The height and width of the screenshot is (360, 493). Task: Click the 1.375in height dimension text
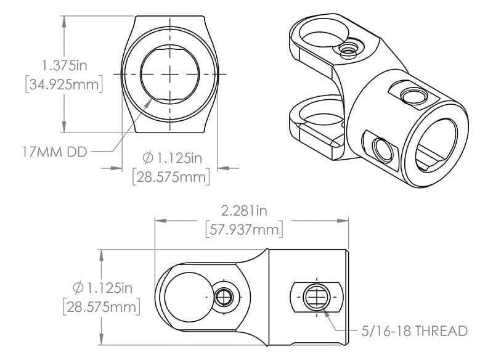pos(61,65)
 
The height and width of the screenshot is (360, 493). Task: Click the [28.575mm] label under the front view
pos(171,177)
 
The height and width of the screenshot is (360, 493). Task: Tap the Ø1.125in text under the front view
pos(172,158)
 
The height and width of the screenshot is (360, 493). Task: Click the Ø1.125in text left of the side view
pos(102,287)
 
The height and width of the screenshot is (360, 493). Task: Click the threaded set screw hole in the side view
pos(316,297)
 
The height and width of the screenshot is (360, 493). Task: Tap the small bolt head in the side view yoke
pos(224,297)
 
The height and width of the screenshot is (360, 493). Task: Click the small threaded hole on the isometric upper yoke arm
pos(348,47)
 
